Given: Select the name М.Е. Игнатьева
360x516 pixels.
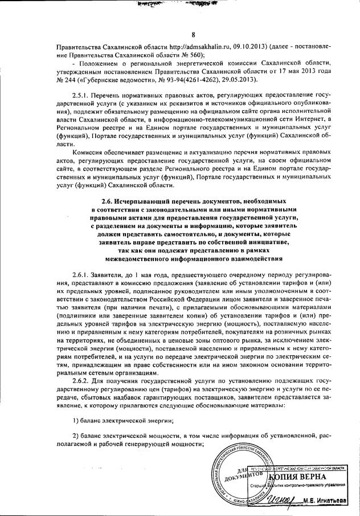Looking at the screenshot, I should tap(329, 502).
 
